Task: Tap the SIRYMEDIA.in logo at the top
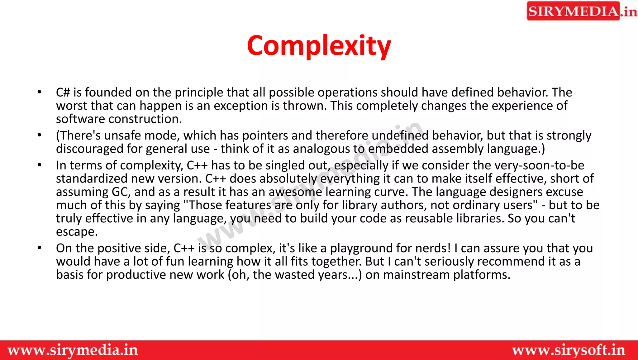pyautogui.click(x=581, y=11)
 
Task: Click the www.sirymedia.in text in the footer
pyautogui.click(x=73, y=350)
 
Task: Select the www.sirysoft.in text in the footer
pyautogui.click(x=569, y=350)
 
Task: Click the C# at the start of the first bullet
pyautogui.click(x=63, y=93)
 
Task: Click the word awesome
pyautogui.click(x=295, y=192)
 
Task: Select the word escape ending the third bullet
pyautogui.click(x=77, y=232)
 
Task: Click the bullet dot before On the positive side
pyautogui.click(x=39, y=248)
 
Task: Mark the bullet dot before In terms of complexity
pyautogui.click(x=39, y=165)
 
